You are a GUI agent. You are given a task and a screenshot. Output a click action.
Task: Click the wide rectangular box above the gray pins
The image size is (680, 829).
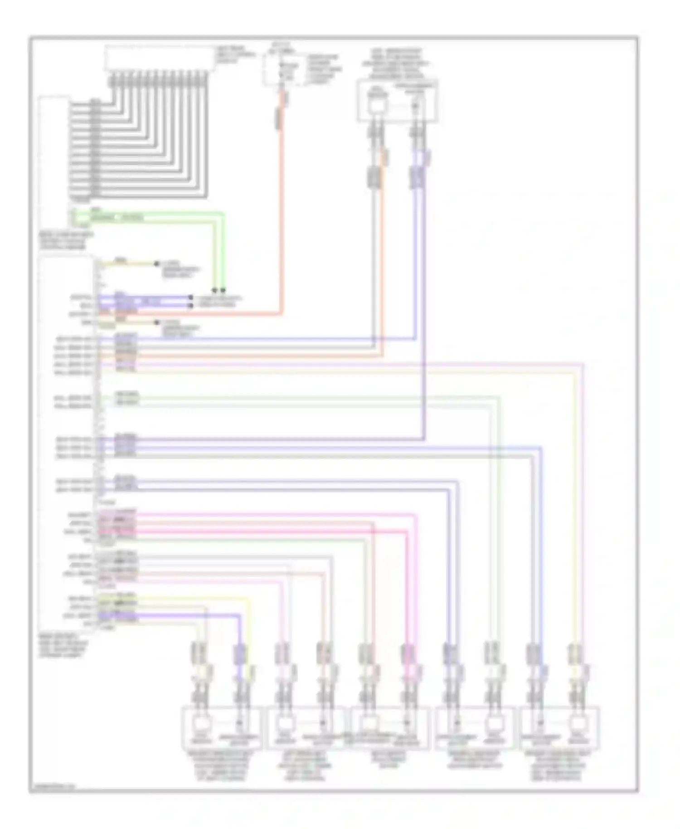click(x=160, y=58)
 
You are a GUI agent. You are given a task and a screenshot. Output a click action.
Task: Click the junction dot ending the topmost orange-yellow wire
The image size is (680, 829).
click(x=157, y=263)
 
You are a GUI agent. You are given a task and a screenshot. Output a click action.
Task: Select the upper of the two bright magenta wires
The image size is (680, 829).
click(x=272, y=514)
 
